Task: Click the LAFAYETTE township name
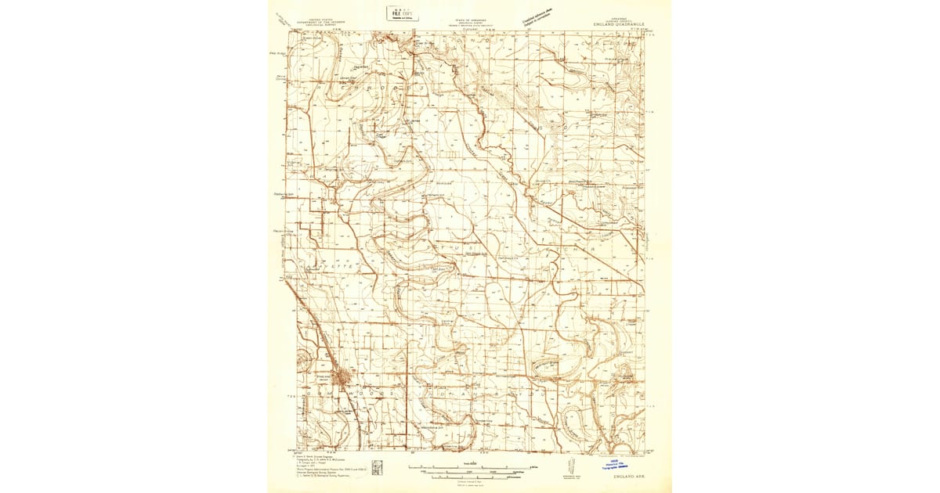click(337, 267)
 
